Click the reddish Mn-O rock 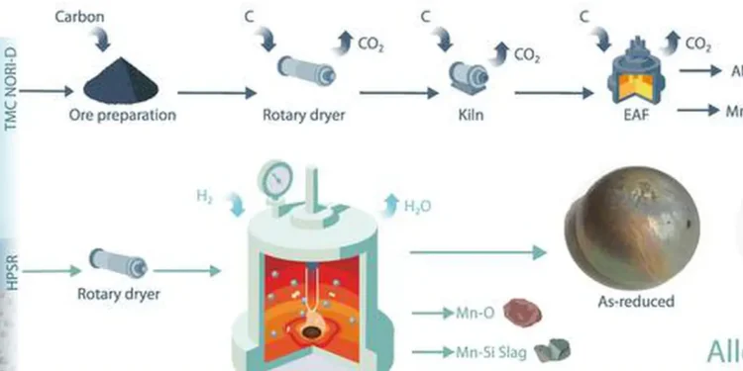pyautogui.click(x=513, y=312)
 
